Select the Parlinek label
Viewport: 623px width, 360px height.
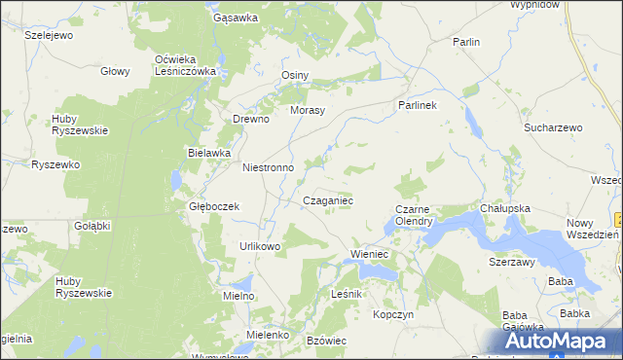418,104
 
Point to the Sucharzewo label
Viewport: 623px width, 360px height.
553,127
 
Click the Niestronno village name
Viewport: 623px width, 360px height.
268,167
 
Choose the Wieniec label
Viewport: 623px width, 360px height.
369,255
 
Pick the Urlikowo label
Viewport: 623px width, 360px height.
260,246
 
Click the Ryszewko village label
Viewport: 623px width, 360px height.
55,165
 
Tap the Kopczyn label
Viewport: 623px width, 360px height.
394,315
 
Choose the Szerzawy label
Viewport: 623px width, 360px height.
513,262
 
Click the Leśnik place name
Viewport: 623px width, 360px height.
347,294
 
